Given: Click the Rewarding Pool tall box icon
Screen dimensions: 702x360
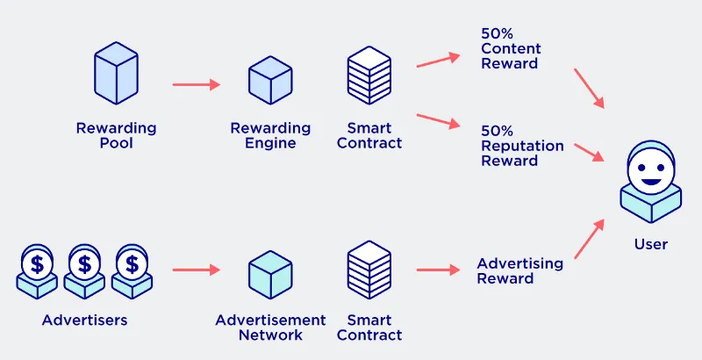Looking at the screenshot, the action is coord(116,73).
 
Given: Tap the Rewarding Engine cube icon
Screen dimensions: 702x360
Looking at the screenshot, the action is coord(270,80).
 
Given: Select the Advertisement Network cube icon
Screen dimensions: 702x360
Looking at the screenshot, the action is coord(270,275).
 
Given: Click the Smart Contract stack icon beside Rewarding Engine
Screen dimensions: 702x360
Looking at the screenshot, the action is coord(369,76).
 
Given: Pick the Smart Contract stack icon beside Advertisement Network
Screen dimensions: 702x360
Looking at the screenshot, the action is coord(369,270).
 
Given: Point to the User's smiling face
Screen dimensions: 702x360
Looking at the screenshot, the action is coord(651,170).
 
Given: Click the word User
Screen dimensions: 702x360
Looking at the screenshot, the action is coord(651,244).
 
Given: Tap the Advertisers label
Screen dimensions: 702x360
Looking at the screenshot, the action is coord(84,320).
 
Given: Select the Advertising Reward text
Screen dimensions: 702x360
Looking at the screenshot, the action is coord(519,270).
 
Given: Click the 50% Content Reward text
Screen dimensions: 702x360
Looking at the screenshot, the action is coord(511,48).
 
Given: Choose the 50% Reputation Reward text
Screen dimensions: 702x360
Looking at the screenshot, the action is coord(522,146).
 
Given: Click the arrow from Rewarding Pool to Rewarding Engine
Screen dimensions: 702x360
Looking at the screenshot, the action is coord(196,84).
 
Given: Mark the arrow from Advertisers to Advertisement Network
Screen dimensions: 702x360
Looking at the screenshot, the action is coord(196,270).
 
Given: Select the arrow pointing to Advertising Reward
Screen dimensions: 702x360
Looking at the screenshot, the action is coord(438,270).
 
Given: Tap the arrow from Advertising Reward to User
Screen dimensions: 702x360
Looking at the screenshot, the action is coord(589,239).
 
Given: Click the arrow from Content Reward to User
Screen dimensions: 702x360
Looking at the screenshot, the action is coord(589,89).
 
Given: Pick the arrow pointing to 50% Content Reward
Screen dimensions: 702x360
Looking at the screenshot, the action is coord(438,61).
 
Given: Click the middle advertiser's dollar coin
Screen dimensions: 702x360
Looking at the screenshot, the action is coord(84,264).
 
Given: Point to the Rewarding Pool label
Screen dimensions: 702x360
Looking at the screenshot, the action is coord(116,136).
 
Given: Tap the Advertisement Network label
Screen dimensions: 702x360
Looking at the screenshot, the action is coord(270,328).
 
